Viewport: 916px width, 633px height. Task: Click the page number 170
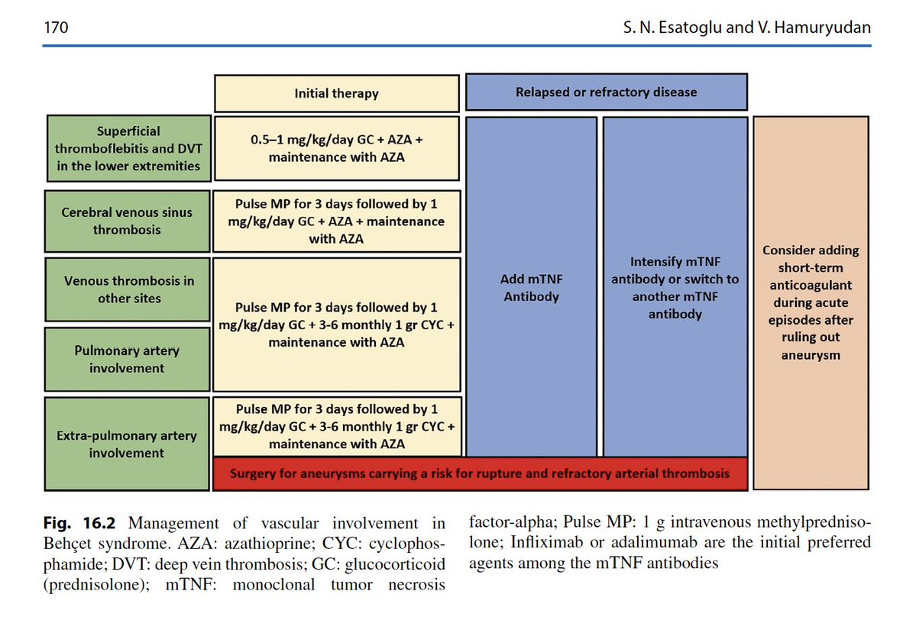coord(56,27)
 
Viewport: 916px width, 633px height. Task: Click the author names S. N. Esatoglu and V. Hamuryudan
coord(746,27)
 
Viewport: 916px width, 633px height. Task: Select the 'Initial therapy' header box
coord(336,93)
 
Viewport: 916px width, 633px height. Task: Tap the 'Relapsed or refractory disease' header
coord(607,92)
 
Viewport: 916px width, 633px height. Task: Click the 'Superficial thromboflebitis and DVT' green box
coord(128,148)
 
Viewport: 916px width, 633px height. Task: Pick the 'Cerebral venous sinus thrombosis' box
coord(127,221)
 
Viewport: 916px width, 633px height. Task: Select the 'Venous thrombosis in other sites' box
coord(128,289)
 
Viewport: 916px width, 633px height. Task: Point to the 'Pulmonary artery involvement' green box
coord(127,359)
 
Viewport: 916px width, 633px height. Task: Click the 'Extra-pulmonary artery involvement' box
coord(127,444)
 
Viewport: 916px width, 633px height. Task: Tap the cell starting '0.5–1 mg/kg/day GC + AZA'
coord(336,148)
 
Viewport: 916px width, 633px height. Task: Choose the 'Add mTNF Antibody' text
coord(531,288)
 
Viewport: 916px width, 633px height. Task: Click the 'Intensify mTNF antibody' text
coord(675,288)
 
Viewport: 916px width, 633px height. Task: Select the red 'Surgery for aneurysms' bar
coord(481,473)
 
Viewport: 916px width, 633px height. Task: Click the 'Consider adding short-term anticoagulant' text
coord(811,302)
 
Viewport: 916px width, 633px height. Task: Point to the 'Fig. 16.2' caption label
coord(79,522)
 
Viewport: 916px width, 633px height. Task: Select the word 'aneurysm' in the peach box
coord(811,355)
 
